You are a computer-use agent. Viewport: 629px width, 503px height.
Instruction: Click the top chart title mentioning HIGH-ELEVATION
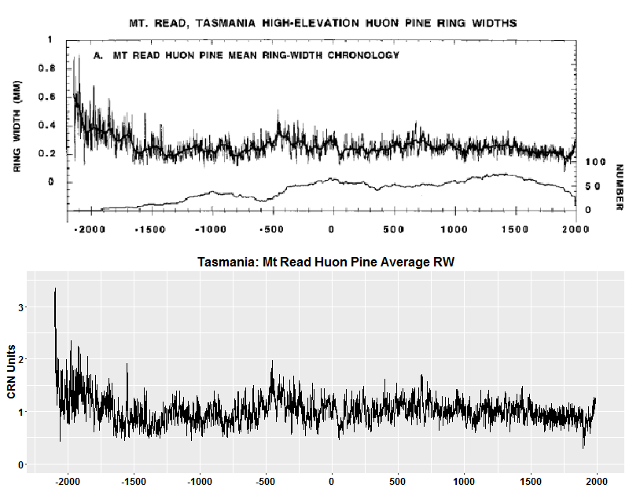pos(322,23)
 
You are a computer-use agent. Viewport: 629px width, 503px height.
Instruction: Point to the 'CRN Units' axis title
pos(12,371)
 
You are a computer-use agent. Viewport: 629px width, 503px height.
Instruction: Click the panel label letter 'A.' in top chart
pos(98,56)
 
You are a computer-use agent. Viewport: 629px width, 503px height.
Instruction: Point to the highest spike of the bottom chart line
pos(55,290)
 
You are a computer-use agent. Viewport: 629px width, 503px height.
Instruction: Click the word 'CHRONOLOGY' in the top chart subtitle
pos(361,56)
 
